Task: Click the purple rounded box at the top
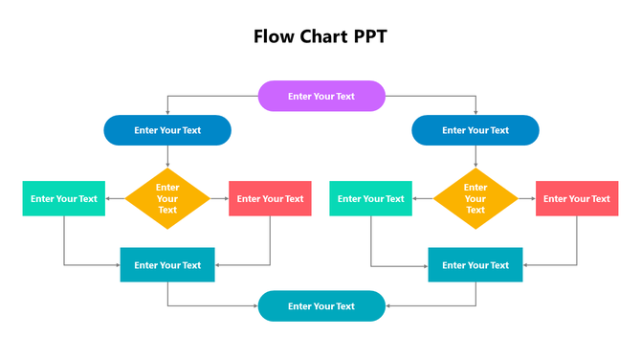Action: click(321, 96)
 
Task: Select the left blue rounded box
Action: click(167, 130)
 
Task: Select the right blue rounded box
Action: click(475, 130)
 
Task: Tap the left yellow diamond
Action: click(167, 198)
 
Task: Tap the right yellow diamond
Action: click(475, 198)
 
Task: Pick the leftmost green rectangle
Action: click(64, 198)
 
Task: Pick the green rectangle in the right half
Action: click(371, 198)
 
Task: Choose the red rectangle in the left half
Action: click(270, 198)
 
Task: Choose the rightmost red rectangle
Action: click(577, 198)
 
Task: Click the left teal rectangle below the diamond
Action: click(167, 265)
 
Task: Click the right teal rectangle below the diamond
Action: click(475, 265)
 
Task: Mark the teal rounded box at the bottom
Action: click(321, 306)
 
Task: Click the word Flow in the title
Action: click(275, 36)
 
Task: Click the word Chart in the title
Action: click(322, 36)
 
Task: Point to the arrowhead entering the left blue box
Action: click(167, 113)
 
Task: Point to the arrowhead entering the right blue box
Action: click(475, 113)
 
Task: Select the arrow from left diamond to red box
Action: click(219, 198)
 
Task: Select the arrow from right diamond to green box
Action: click(423, 198)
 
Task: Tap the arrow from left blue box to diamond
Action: click(167, 156)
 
